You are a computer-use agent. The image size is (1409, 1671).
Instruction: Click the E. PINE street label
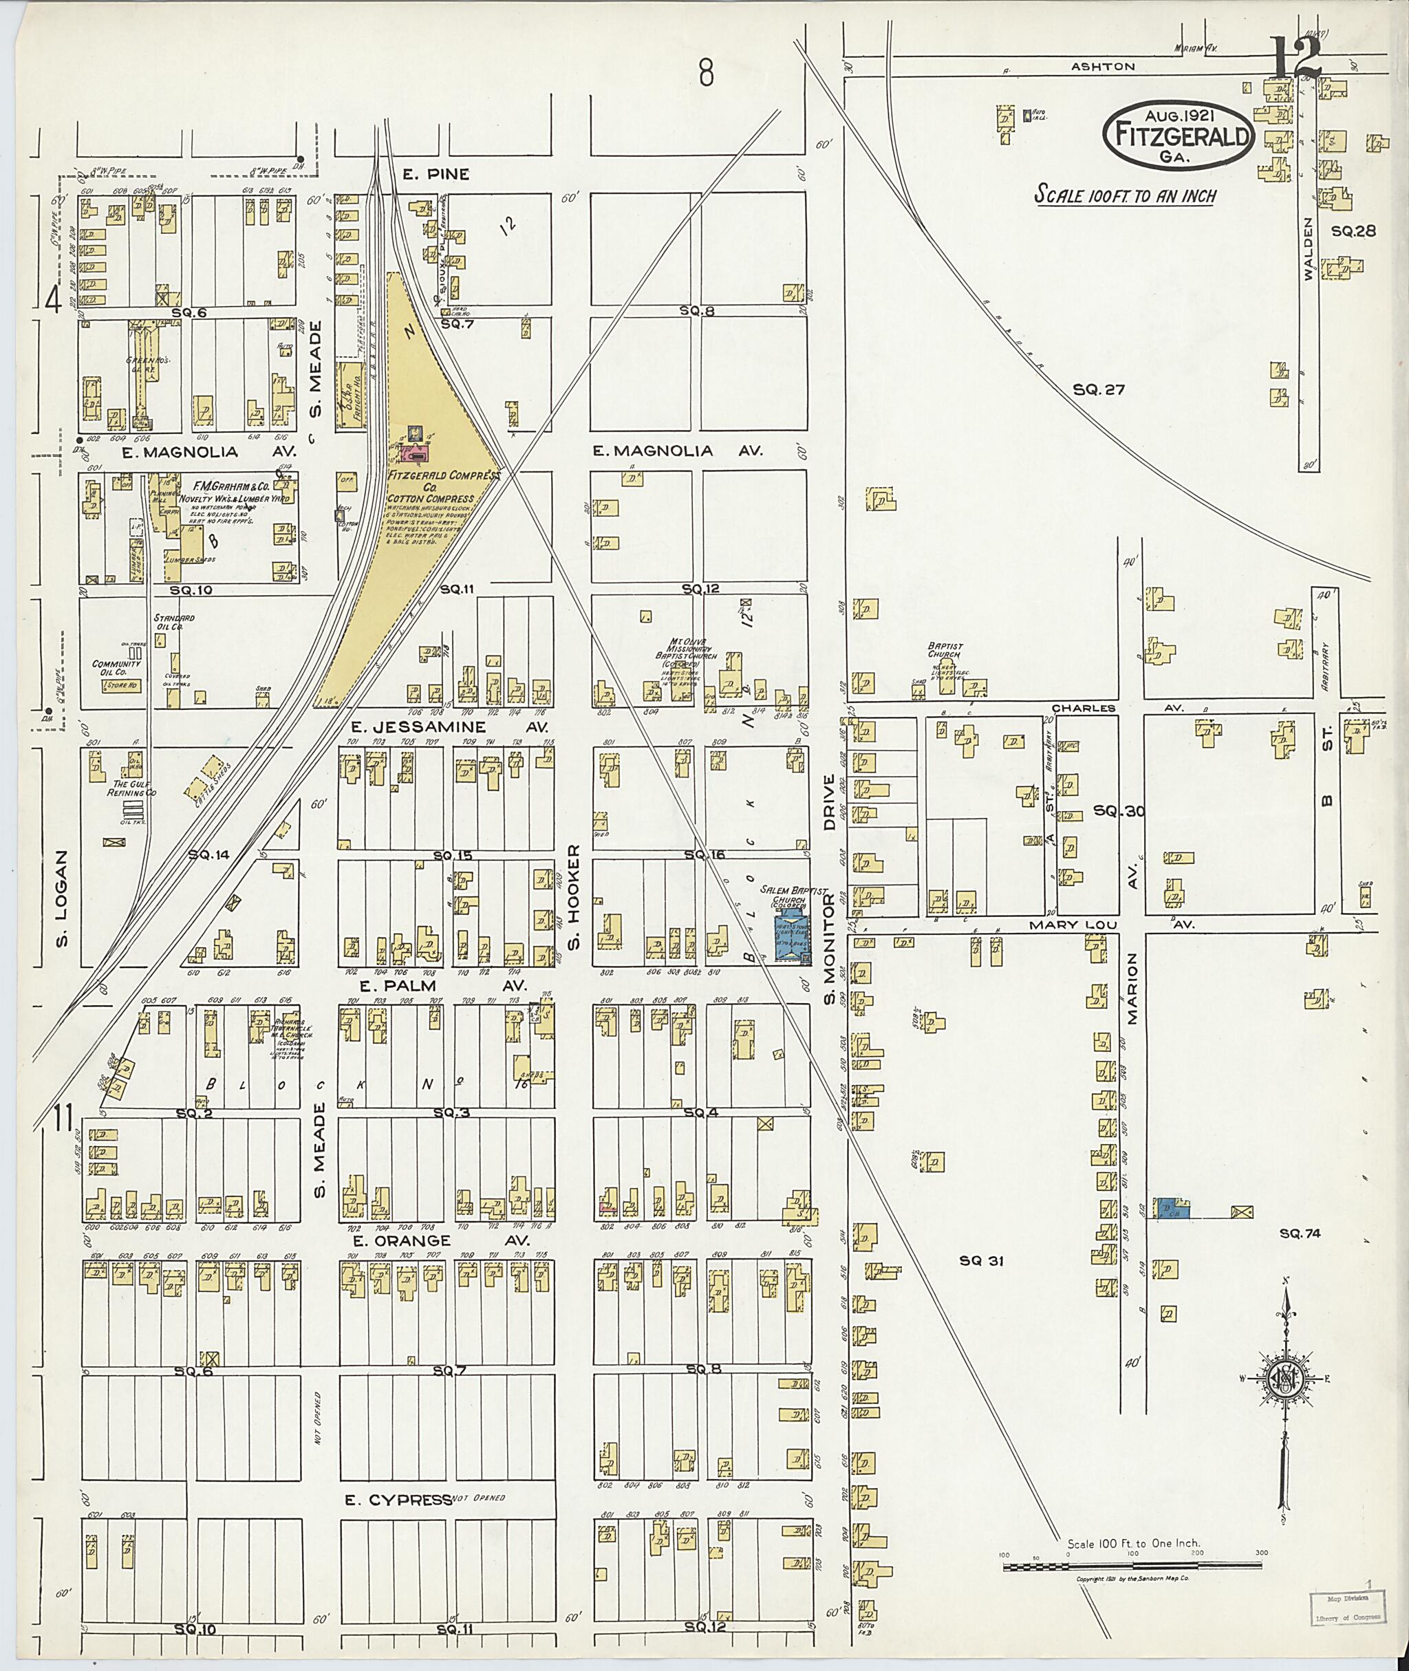[x=435, y=173]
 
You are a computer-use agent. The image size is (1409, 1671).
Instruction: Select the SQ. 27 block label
[x=1099, y=390]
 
